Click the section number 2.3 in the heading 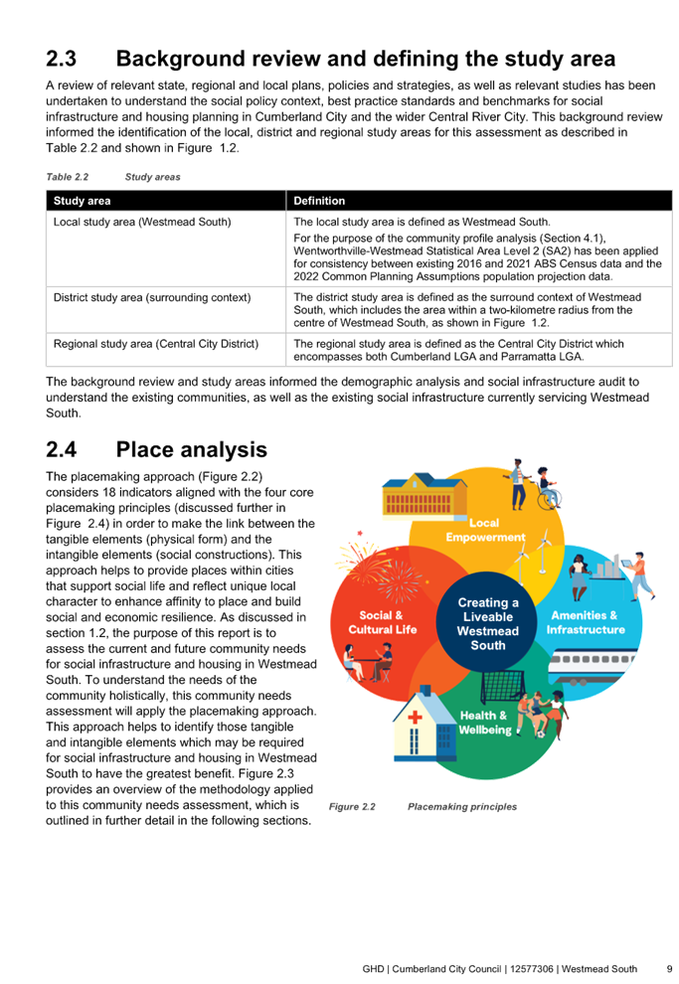click(x=61, y=59)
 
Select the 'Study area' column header click(x=82, y=201)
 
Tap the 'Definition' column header click(x=319, y=201)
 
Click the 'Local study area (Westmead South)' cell click(x=142, y=223)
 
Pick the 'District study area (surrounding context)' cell click(x=152, y=297)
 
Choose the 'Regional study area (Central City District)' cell click(x=156, y=344)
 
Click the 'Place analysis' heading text click(x=192, y=450)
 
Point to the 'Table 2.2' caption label click(x=68, y=177)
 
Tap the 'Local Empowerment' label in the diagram click(x=485, y=531)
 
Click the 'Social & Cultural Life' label click(x=382, y=622)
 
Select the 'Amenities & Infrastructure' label click(x=586, y=622)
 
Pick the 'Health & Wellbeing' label click(x=484, y=723)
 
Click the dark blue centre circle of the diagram click(x=487, y=623)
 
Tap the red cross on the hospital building click(x=415, y=717)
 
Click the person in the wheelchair click(x=547, y=488)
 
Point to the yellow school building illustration click(x=424, y=496)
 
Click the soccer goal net click(x=503, y=687)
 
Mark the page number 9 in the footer click(x=670, y=969)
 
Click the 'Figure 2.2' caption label click(x=352, y=807)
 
